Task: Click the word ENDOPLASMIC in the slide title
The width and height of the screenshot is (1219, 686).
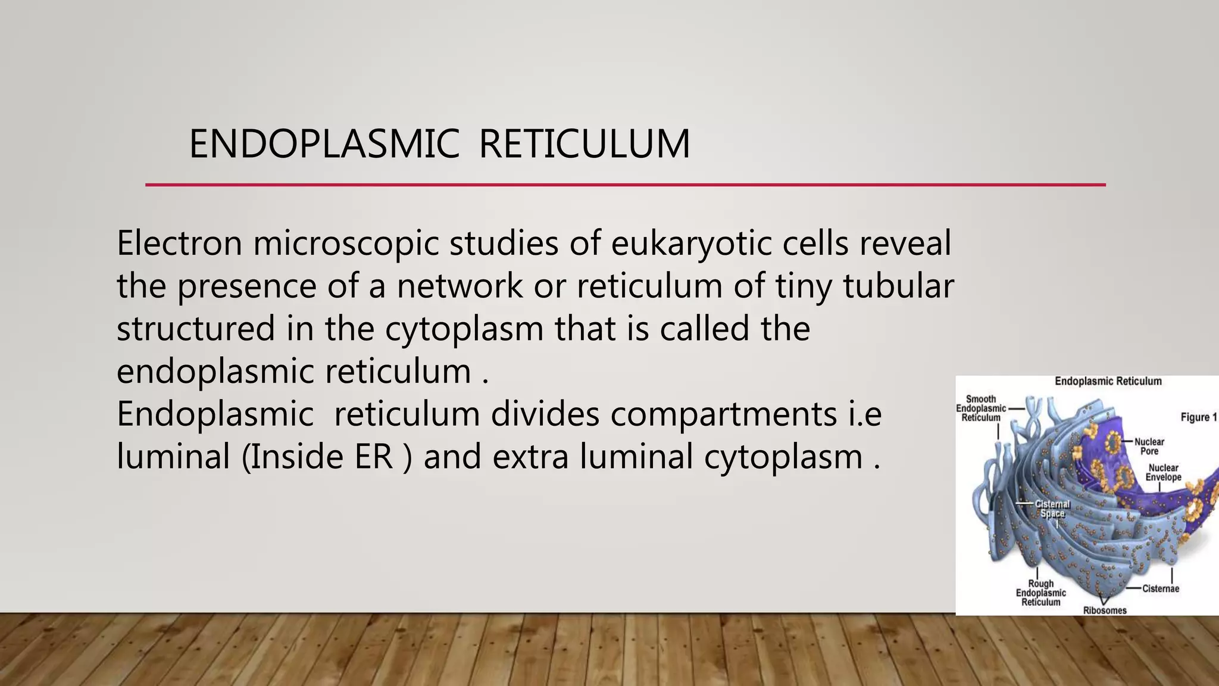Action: point(324,144)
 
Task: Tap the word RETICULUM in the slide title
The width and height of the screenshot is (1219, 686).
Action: point(584,144)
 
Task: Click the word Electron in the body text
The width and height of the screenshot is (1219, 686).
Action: point(179,243)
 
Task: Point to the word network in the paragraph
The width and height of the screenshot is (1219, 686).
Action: point(459,286)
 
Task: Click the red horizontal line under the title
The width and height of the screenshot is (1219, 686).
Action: point(625,185)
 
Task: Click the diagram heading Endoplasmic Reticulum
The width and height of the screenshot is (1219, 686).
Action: point(1108,381)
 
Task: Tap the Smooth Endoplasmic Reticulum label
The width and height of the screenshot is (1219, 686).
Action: point(981,409)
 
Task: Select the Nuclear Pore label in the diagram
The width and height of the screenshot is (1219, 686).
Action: point(1149,447)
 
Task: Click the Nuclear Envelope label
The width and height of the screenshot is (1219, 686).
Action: point(1163,473)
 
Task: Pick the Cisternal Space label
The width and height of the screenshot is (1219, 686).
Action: point(1052,509)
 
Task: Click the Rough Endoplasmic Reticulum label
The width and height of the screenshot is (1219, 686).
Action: point(1040,593)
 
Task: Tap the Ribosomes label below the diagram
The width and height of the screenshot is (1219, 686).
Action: point(1105,610)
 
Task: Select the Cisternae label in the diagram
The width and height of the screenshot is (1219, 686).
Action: point(1160,589)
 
